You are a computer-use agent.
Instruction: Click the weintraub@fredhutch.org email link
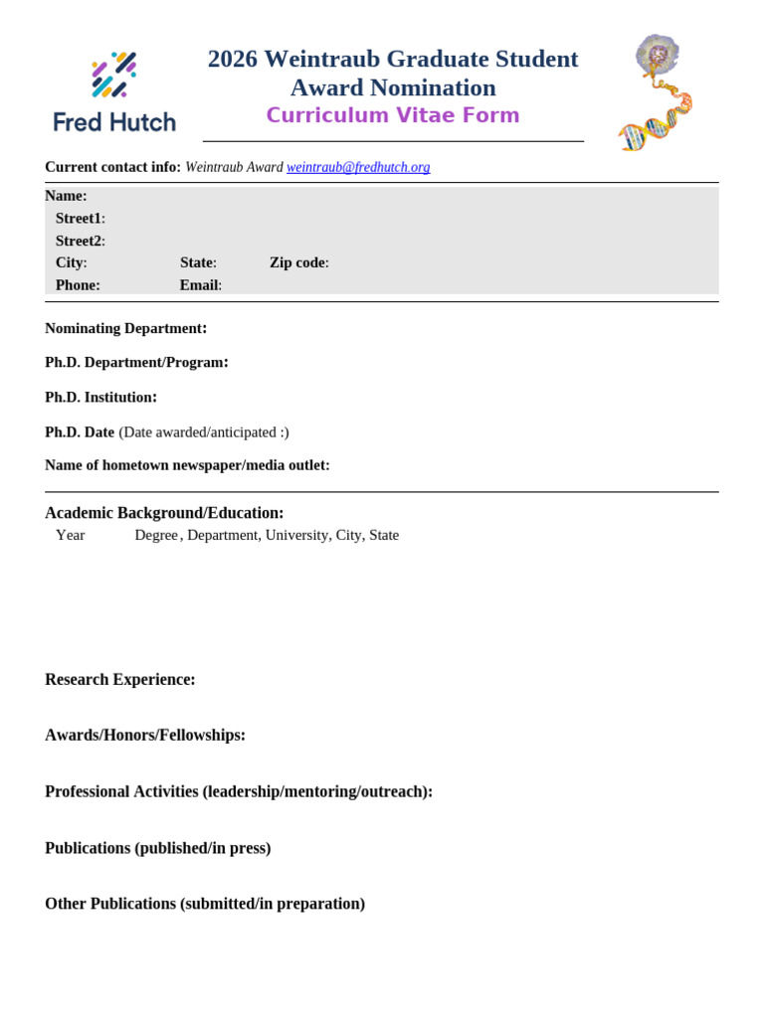[x=358, y=167]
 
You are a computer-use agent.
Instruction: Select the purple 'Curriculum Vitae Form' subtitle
[x=392, y=115]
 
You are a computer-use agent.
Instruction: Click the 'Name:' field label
[x=66, y=196]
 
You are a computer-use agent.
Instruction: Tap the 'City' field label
[x=71, y=262]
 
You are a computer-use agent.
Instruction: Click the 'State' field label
[x=198, y=262]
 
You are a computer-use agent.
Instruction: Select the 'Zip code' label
[x=298, y=262]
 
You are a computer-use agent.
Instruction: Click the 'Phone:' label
[x=78, y=285]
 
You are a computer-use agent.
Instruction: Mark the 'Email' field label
[x=200, y=285]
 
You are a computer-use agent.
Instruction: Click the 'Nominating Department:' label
[x=126, y=328]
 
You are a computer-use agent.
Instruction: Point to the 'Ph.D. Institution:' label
[x=101, y=397]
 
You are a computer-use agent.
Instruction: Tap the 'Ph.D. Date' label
[x=80, y=432]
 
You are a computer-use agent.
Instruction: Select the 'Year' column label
[x=71, y=535]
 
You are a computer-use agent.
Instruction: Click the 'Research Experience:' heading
[x=120, y=679]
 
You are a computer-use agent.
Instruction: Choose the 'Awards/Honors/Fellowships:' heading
[x=145, y=735]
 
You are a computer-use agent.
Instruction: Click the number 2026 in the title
[x=233, y=60]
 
